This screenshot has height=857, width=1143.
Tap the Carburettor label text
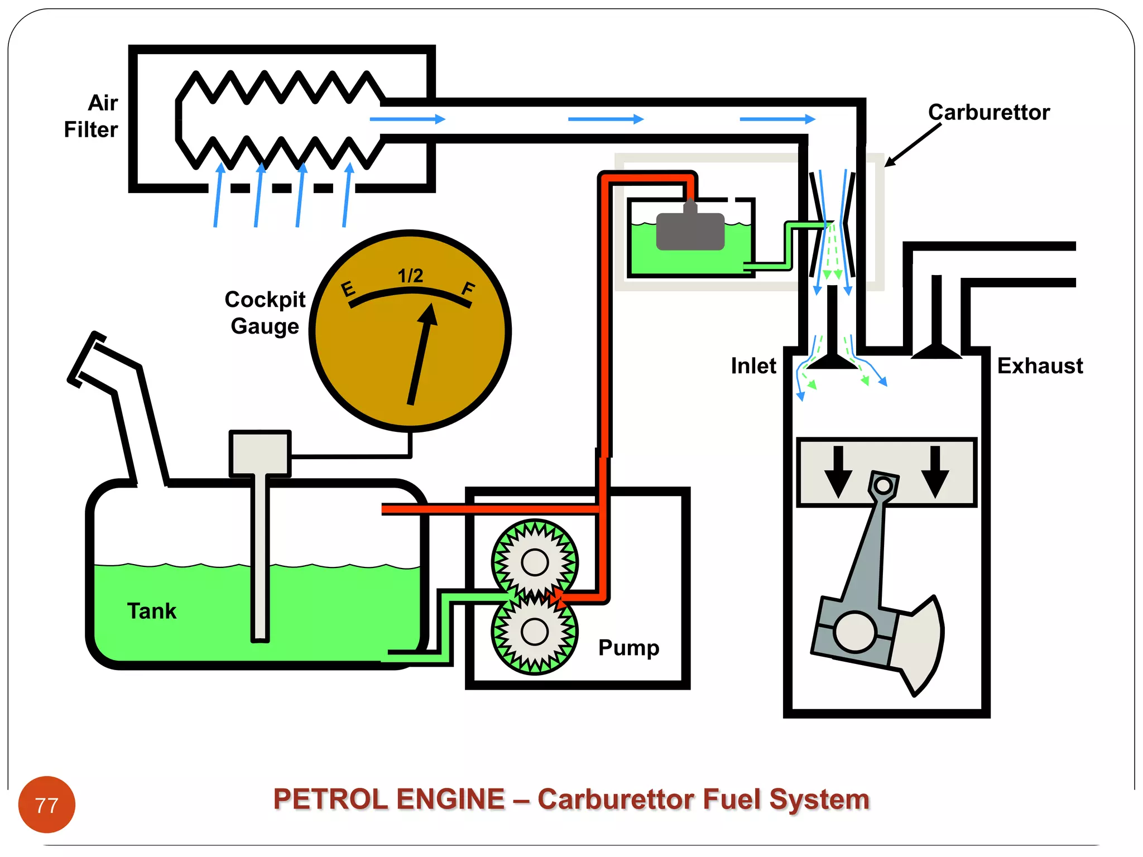[988, 113]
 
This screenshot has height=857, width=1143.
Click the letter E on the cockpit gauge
[348, 289]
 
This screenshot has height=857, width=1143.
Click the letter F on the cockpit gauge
[468, 289]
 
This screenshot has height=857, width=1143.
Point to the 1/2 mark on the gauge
[410, 276]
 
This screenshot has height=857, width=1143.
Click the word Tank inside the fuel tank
[151, 611]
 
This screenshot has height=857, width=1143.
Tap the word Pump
[628, 648]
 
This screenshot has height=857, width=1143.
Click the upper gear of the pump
[535, 562]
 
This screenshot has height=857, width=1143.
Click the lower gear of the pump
[535, 632]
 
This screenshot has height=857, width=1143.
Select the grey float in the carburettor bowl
[690, 230]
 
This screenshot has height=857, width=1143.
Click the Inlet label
[753, 366]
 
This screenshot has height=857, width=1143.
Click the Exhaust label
[1040, 366]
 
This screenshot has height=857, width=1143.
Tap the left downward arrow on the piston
[838, 472]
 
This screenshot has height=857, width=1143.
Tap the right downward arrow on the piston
[935, 472]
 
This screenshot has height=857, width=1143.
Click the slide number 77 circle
[47, 805]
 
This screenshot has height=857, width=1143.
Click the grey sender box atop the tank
[260, 453]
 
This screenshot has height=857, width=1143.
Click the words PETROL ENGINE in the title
[389, 799]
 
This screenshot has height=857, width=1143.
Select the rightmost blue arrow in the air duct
[777, 119]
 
